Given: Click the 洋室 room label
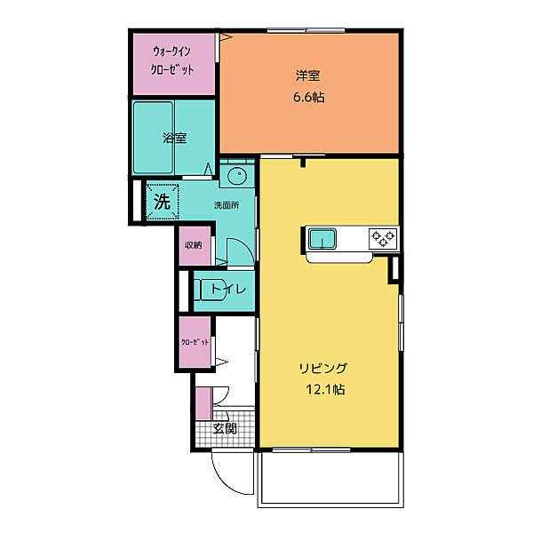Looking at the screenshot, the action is tap(307, 76).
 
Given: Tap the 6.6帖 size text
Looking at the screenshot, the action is tap(308, 98).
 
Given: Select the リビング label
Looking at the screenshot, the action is tap(323, 368).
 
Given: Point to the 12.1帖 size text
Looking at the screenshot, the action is tap(325, 389).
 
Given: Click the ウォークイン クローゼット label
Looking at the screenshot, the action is tap(172, 60).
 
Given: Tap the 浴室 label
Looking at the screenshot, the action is tap(174, 138).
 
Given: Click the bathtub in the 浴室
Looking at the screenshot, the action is tap(154, 138).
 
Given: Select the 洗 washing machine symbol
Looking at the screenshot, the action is tap(163, 202).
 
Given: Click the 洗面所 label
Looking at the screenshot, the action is tap(227, 205).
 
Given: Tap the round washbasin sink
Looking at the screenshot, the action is tap(236, 176).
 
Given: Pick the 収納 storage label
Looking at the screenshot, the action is tap(193, 245).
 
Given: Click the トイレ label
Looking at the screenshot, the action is tap(228, 290).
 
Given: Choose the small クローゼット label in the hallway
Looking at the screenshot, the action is tap(195, 342).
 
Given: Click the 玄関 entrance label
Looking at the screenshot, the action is tap(225, 429).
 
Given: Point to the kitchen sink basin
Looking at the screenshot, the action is tap(322, 238).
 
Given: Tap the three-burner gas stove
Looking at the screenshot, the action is tap(383, 237).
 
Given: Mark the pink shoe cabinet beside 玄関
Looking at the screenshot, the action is tap(204, 404).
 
